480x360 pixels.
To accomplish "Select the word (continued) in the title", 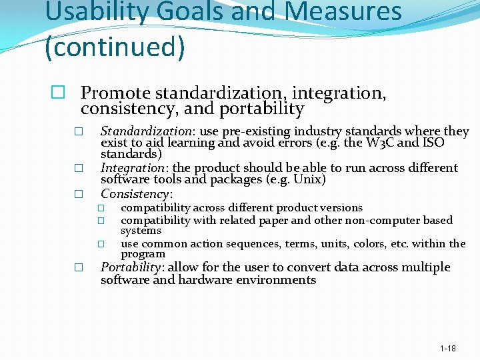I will coord(114,47).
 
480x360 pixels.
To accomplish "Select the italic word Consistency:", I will coord(137,194).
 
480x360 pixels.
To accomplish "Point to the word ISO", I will coord(434,143).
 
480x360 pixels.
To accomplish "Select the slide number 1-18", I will coord(448,349).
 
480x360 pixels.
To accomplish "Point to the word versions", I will coord(343,208).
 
